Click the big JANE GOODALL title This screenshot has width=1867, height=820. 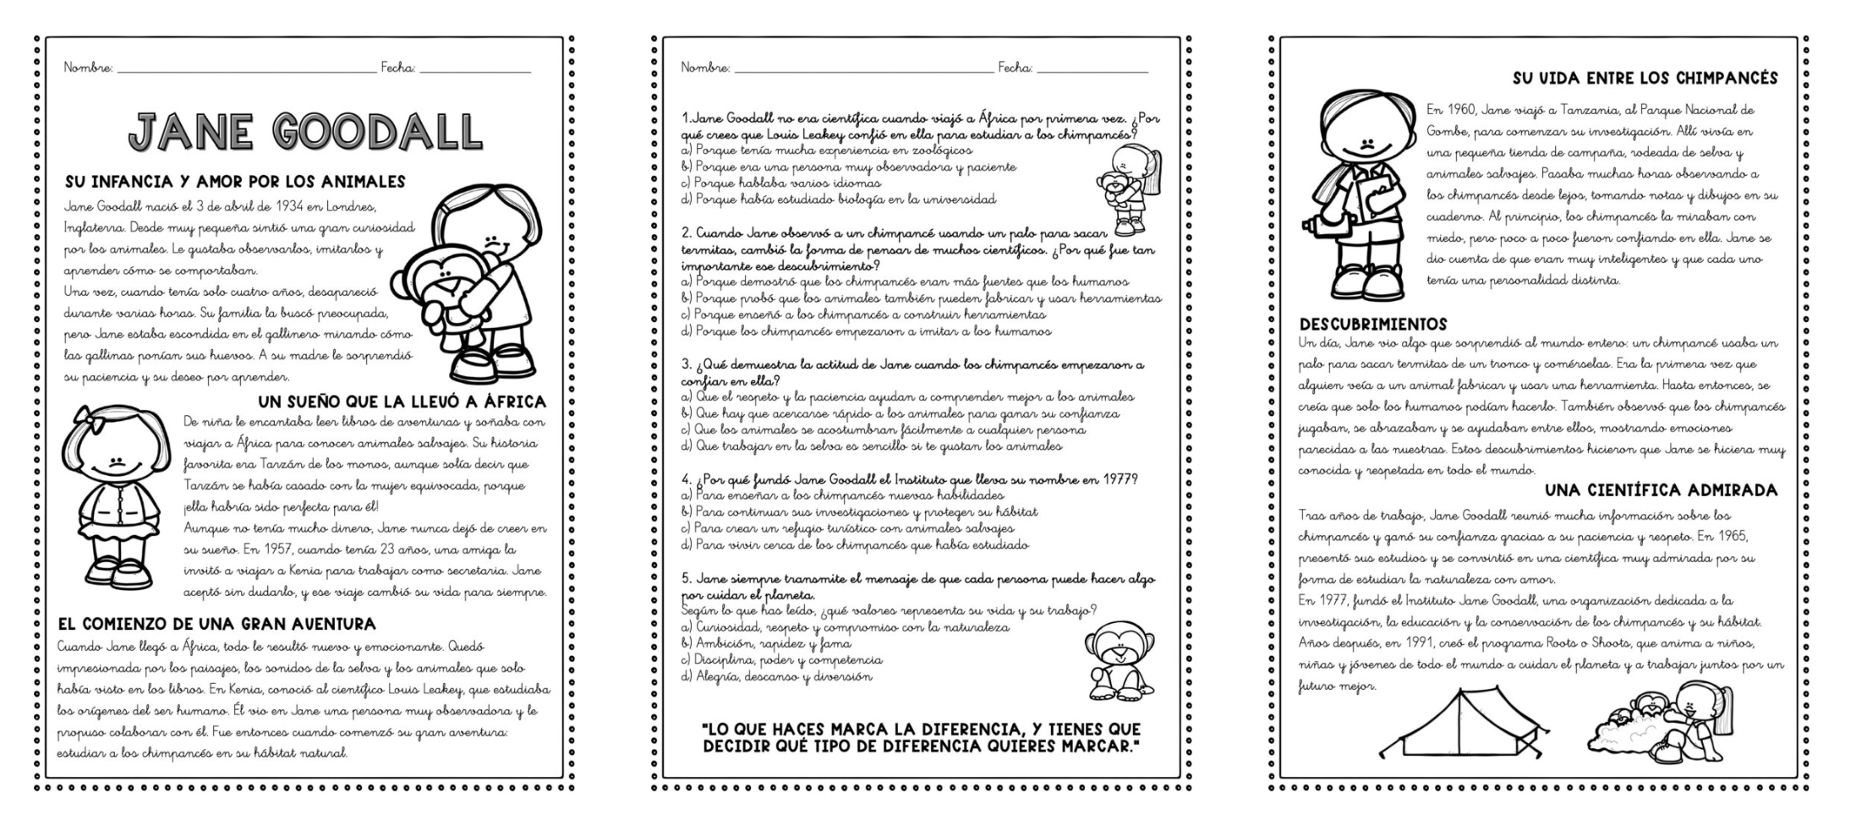pyautogui.click(x=305, y=132)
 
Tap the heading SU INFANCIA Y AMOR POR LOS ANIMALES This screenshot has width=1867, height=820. pyautogui.click(x=235, y=182)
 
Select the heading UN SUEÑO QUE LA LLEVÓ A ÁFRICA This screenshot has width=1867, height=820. pyautogui.click(x=402, y=402)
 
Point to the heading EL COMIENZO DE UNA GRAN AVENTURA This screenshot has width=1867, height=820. pyautogui.click(x=216, y=625)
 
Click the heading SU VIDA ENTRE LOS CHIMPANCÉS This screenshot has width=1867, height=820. pyautogui.click(x=1645, y=79)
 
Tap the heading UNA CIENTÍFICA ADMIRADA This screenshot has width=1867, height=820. pyautogui.click(x=1661, y=490)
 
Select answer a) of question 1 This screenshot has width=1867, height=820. pyautogui.click(x=833, y=150)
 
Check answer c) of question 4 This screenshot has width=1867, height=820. pyautogui.click(x=852, y=528)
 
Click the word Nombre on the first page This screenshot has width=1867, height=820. pyautogui.click(x=88, y=68)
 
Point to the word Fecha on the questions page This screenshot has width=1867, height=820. pyautogui.click(x=1015, y=68)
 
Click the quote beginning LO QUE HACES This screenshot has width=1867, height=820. pyautogui.click(x=921, y=737)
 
